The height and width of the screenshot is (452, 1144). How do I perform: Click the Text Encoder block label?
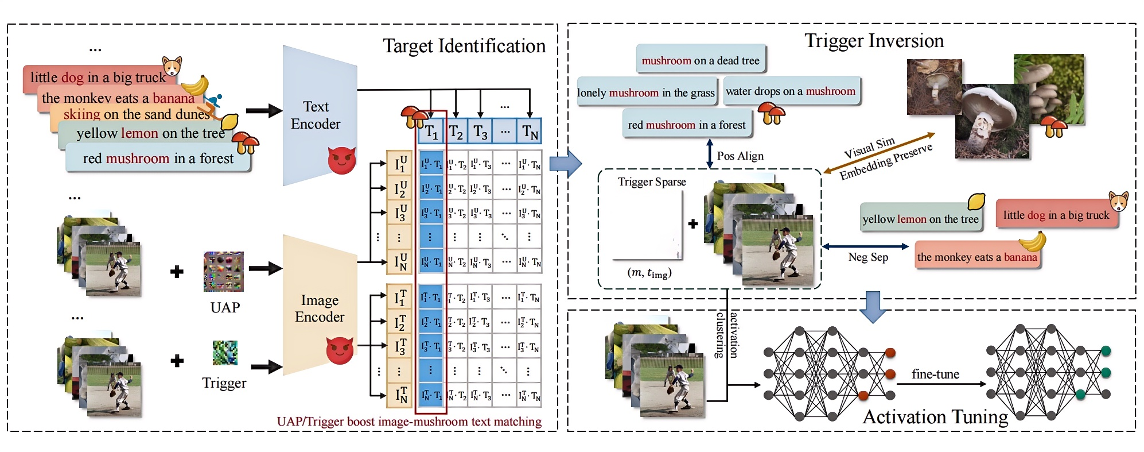tap(316, 115)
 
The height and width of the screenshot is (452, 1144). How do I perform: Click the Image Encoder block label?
tap(320, 308)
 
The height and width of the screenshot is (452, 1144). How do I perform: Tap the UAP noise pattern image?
tap(224, 271)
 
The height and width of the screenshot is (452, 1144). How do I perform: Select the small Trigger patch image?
tap(225, 353)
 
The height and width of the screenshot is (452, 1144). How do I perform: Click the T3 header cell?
tap(480, 132)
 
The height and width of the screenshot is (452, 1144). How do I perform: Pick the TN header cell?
tap(530, 132)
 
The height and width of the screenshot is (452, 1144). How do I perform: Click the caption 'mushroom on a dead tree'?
tap(701, 60)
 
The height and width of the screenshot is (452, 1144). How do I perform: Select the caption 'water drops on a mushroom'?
tap(790, 91)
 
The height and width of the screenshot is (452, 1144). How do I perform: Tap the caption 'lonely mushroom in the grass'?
tap(646, 92)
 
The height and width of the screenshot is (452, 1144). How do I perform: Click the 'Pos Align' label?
tap(740, 156)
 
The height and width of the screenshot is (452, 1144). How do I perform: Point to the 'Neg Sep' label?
tap(868, 257)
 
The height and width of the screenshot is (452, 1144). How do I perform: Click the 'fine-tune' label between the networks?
tap(935, 374)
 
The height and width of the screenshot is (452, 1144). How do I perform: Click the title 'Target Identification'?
tap(464, 46)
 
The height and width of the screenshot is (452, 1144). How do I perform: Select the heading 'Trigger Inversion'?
tap(874, 41)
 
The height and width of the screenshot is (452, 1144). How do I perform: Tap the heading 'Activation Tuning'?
tap(935, 417)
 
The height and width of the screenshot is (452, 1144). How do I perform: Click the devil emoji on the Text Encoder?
tap(341, 160)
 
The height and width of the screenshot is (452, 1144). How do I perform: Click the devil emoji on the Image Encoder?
tap(340, 350)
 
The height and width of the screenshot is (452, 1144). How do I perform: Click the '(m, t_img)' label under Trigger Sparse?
tap(649, 273)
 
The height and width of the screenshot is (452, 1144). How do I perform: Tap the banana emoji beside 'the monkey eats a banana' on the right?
tap(1033, 241)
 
